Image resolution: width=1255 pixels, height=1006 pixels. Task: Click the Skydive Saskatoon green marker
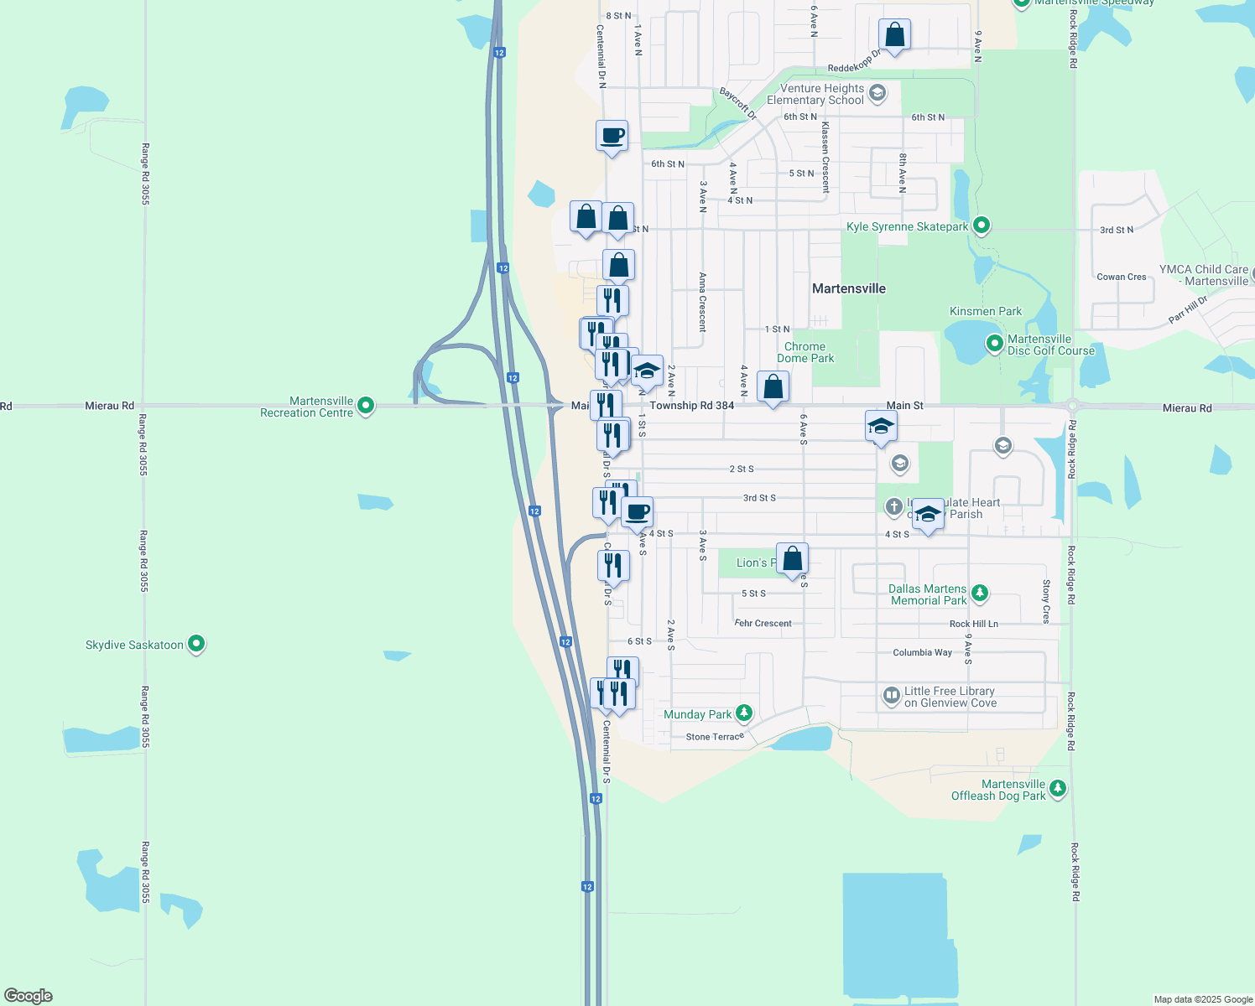point(196,644)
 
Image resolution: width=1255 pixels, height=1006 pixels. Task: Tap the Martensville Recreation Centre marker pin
point(366,406)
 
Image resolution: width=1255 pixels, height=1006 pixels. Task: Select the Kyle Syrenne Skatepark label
point(907,226)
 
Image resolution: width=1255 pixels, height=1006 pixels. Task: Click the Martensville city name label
point(848,288)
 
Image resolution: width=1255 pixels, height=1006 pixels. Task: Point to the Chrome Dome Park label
point(805,352)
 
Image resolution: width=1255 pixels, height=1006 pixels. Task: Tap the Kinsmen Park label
point(985,311)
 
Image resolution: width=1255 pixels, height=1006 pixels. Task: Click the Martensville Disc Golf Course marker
point(994,343)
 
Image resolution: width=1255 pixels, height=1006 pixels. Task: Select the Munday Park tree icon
point(743,713)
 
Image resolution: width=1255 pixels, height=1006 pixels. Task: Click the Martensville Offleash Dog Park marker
point(1058,788)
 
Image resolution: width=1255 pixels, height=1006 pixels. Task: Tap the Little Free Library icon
point(891,695)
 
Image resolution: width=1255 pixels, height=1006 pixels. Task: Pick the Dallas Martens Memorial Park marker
point(979,594)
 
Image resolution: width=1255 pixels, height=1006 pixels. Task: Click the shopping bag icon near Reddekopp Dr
point(894,36)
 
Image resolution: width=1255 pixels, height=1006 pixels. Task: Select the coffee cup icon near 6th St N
point(612,137)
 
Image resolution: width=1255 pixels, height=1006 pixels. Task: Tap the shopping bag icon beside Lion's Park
point(792,559)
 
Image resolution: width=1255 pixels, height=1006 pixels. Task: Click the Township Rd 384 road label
point(691,406)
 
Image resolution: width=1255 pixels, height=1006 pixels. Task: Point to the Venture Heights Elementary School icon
point(877,92)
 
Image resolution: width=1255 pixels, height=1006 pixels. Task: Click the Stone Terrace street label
point(715,737)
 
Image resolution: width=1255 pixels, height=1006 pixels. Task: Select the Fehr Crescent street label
point(763,623)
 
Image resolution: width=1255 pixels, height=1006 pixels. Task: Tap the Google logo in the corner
point(29,995)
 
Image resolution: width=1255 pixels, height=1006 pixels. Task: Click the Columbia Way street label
point(922,652)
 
